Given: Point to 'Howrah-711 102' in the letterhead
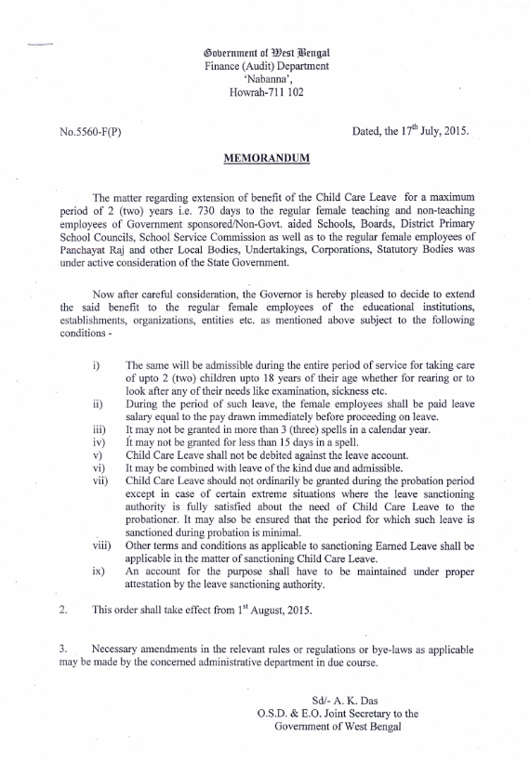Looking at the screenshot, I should [x=266, y=92].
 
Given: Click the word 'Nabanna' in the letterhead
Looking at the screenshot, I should [x=267, y=78].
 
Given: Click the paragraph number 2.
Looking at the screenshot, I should [x=62, y=610].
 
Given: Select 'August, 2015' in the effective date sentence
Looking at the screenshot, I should [x=283, y=611].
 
